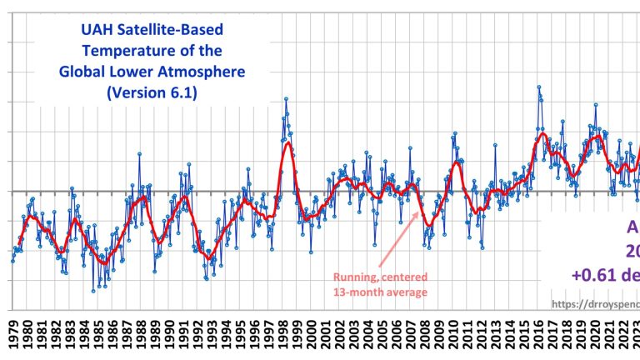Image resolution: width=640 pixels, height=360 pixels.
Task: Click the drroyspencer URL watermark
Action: (x=595, y=305)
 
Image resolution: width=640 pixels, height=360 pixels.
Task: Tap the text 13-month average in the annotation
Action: (x=381, y=292)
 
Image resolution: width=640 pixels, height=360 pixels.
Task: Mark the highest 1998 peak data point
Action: (x=286, y=98)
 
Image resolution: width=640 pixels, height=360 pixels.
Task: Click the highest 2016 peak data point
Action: (x=538, y=87)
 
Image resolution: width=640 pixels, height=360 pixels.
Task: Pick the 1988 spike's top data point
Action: (x=139, y=153)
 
